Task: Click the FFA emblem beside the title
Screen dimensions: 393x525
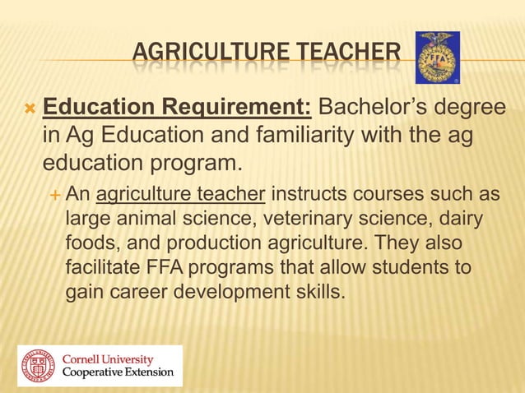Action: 437,57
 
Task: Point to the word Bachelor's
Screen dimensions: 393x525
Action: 372,109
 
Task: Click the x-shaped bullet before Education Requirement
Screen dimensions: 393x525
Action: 30,109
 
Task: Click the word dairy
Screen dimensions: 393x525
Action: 460,220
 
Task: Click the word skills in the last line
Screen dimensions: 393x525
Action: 315,292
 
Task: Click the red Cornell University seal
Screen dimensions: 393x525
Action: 37,366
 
